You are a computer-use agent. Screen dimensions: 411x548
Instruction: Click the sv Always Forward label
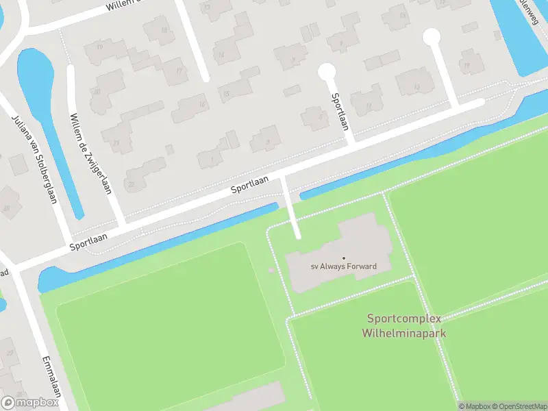(344, 266)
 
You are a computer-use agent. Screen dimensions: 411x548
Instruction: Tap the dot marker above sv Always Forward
(344, 258)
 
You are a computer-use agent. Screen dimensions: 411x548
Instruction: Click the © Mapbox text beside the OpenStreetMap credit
(473, 406)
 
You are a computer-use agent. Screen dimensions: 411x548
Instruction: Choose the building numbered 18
(163, 30)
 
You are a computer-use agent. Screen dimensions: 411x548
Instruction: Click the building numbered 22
(132, 184)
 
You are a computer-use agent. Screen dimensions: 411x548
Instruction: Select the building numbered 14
(221, 53)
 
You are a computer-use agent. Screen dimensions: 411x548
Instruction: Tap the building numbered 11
(369, 105)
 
